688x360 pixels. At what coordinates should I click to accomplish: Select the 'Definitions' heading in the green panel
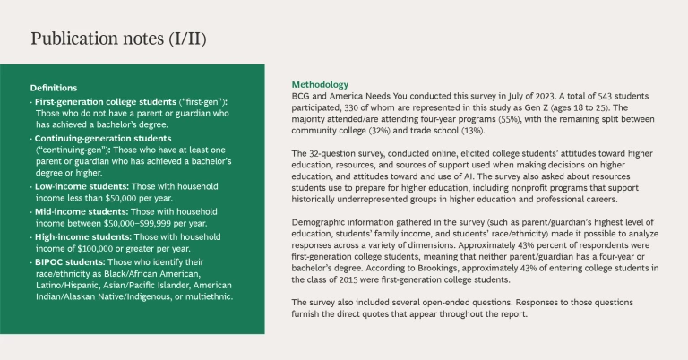pyautogui.click(x=53, y=89)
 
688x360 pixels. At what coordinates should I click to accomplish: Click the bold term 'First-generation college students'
pyautogui.click(x=101, y=104)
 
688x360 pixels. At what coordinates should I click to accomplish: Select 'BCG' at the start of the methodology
pyautogui.click(x=303, y=95)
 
